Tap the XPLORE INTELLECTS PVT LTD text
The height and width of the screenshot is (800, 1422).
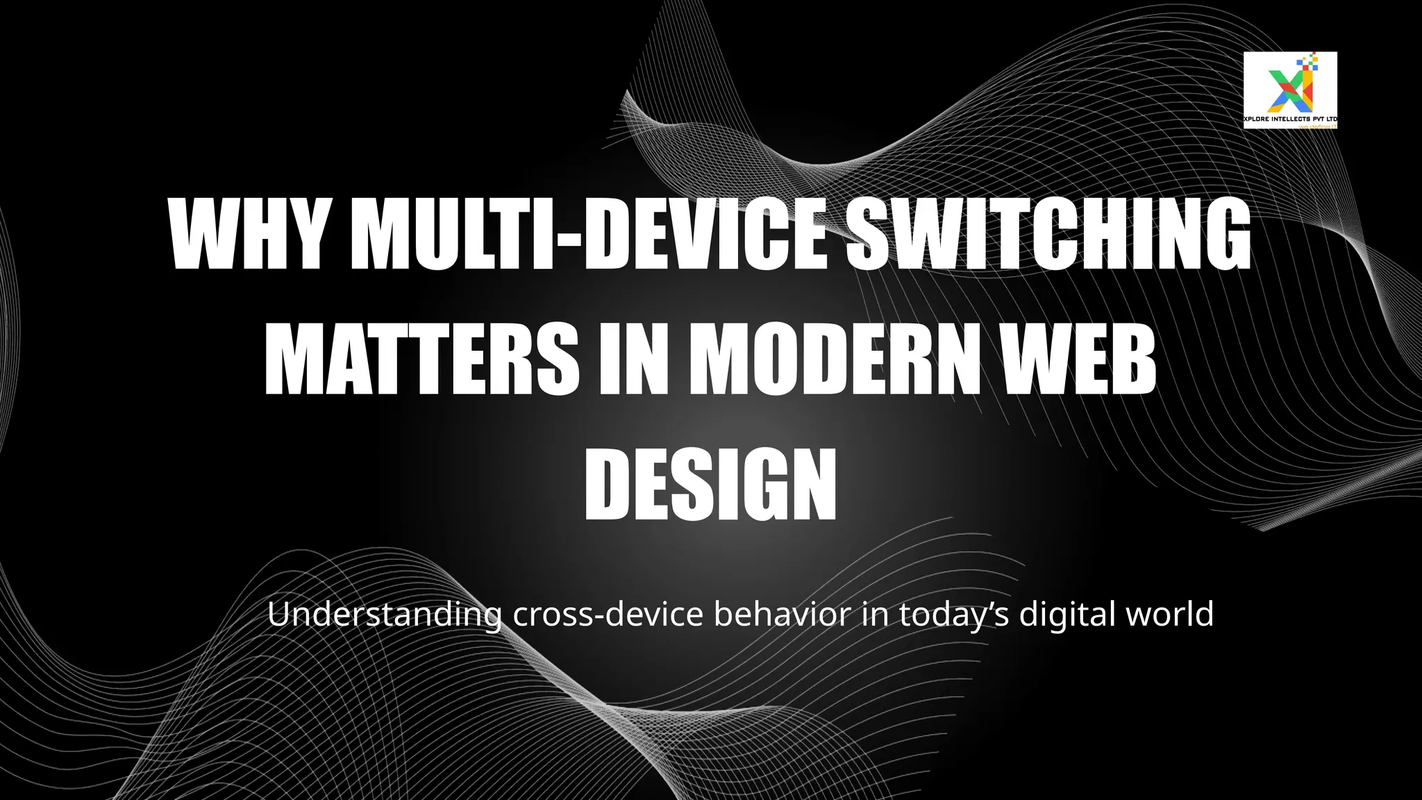click(1290, 119)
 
